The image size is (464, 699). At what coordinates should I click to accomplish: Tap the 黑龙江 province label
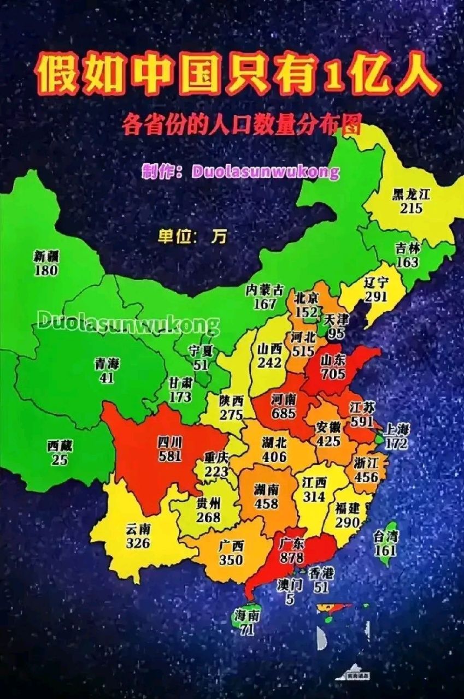click(411, 194)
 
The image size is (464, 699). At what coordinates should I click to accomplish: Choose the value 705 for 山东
click(333, 374)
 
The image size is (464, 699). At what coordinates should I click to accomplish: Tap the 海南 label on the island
click(245, 614)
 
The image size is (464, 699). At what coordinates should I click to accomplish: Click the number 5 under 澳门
click(290, 599)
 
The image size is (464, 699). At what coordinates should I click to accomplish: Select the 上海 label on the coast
click(397, 429)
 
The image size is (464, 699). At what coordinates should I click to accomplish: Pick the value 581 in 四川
click(170, 455)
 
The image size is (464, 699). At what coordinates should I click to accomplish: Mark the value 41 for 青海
click(107, 377)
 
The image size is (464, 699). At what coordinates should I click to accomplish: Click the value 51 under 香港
click(321, 586)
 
